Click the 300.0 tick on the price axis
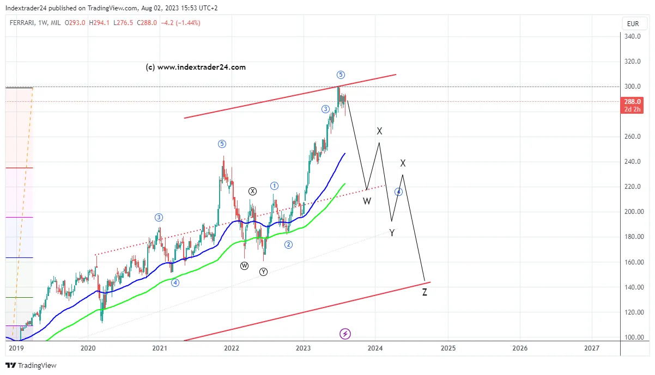click(x=632, y=87)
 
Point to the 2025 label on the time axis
click(x=448, y=348)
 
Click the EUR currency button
click(x=633, y=23)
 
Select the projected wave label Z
click(x=424, y=293)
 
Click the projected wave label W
click(x=367, y=201)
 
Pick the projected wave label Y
click(x=392, y=233)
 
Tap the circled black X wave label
click(x=252, y=191)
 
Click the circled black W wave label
click(x=244, y=266)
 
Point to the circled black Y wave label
click(x=264, y=272)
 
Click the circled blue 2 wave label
click(x=288, y=244)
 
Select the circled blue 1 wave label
click(x=275, y=186)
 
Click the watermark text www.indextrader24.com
click(x=196, y=67)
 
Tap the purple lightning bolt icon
click(x=345, y=333)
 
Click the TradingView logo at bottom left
click(x=31, y=365)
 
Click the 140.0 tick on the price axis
click(x=632, y=287)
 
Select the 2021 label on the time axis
click(x=160, y=348)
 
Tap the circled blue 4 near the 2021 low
click(x=175, y=282)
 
